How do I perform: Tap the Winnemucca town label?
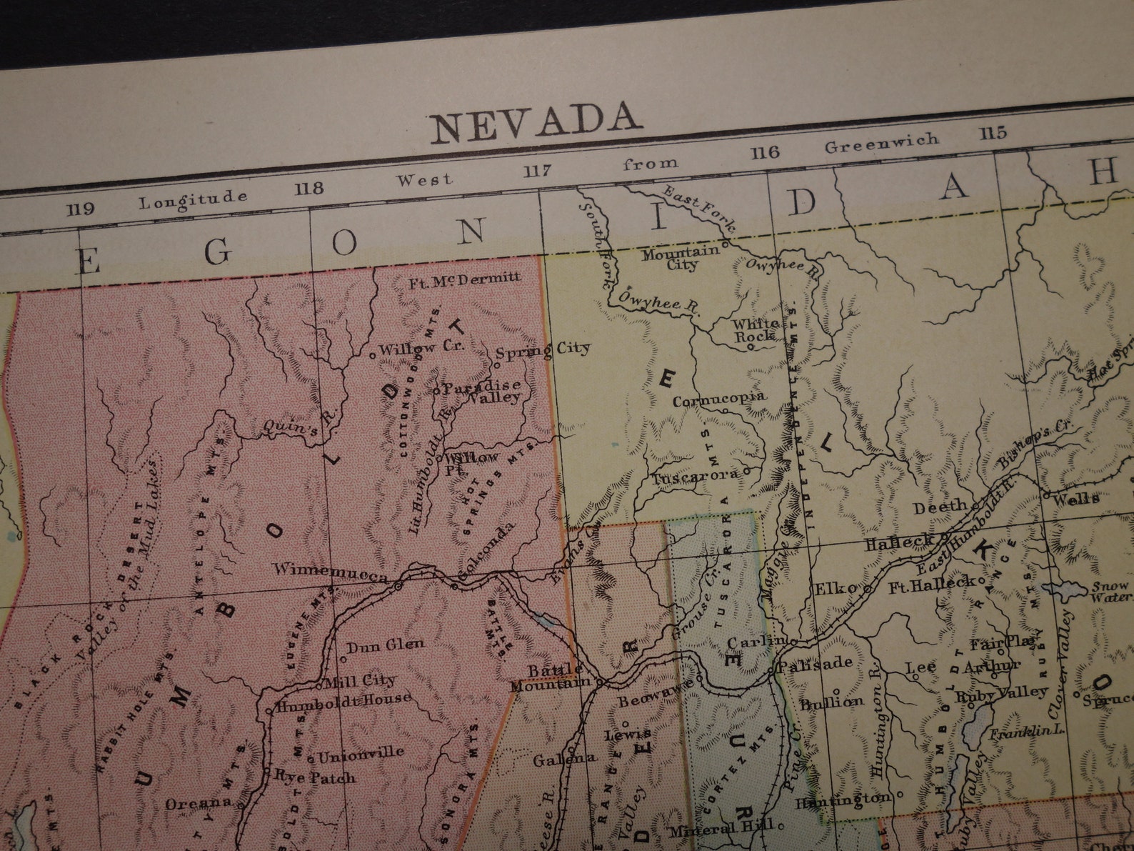pos(330,572)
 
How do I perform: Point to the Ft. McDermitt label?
pos(465,279)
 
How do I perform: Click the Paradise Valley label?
pos(483,392)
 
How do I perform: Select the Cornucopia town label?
pos(719,399)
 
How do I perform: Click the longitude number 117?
pos(537,171)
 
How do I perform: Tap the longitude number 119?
pos(81,209)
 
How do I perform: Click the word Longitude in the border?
pos(193,198)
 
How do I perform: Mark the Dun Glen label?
pos(385,645)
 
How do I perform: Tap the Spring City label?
pos(543,350)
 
